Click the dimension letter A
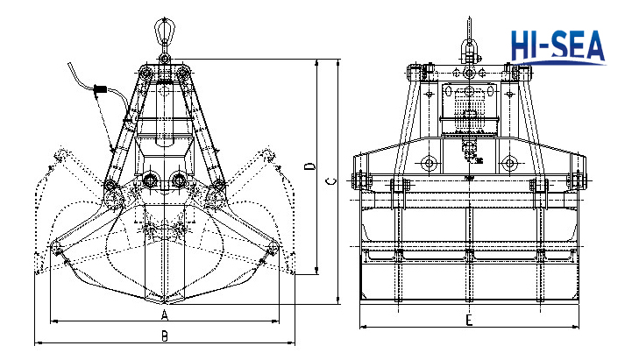(x=164, y=314)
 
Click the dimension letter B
(x=164, y=335)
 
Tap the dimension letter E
(x=470, y=319)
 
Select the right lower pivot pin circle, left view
(x=179, y=180)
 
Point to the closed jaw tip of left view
(x=164, y=302)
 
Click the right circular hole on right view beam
(x=508, y=164)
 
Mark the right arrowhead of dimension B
(x=292, y=342)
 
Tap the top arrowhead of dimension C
(x=339, y=60)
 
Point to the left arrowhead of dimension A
(x=53, y=321)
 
